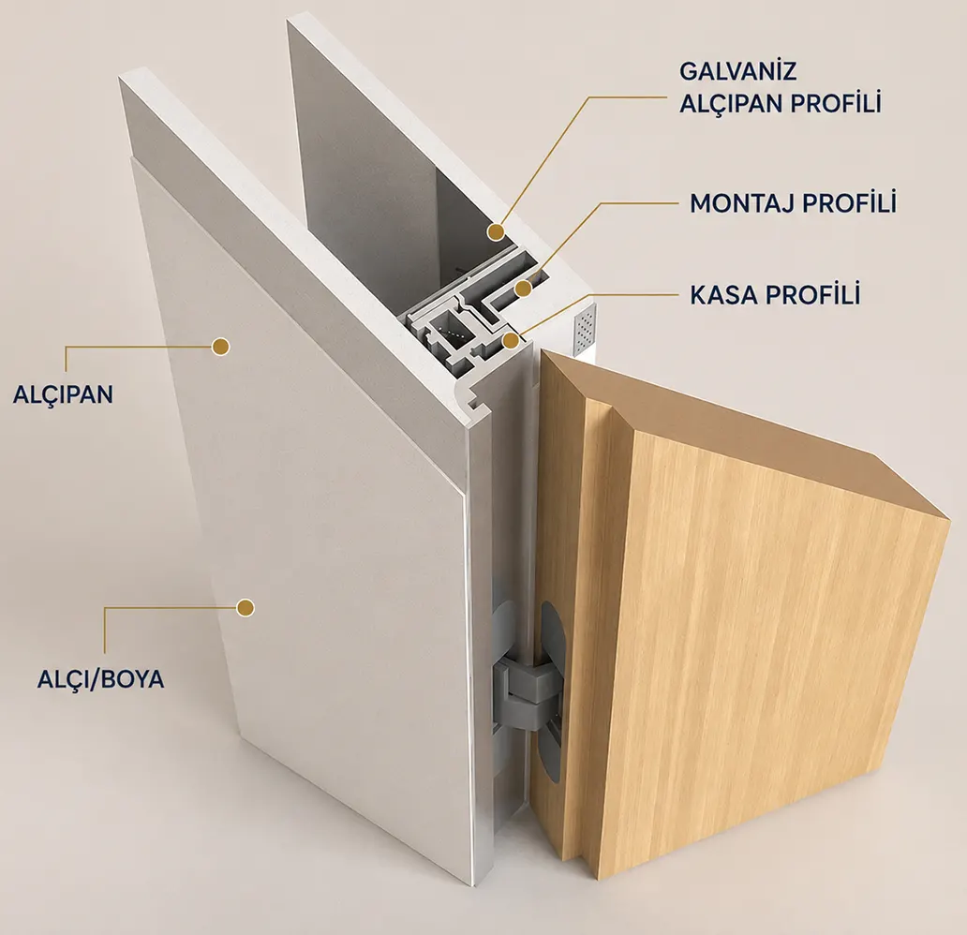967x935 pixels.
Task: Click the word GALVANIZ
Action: click(737, 71)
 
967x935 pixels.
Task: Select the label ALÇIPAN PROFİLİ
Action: click(781, 103)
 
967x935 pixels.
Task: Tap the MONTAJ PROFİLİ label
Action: click(793, 203)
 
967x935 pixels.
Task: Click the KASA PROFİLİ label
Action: click(775, 295)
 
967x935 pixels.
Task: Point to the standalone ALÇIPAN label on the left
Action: click(64, 394)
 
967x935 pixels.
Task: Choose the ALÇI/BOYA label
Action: click(101, 678)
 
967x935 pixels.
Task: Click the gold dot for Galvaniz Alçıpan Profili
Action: click(496, 232)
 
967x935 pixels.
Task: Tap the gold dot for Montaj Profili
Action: click(524, 288)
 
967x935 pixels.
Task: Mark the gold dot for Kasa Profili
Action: click(510, 340)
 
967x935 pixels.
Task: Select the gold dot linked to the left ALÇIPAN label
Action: click(220, 346)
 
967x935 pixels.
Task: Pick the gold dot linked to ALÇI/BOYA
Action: click(245, 608)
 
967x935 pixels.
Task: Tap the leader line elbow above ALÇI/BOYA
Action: click(105, 608)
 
